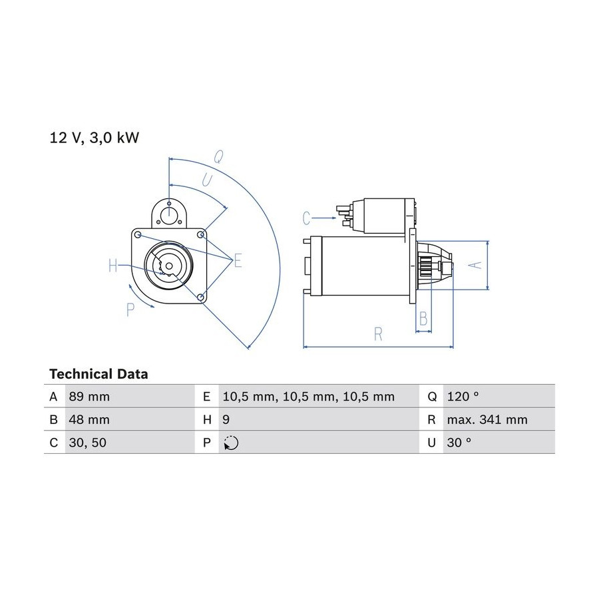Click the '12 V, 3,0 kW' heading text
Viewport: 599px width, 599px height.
tap(95, 138)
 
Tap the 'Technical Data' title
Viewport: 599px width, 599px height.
tap(99, 374)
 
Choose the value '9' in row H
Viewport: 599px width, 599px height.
tap(226, 419)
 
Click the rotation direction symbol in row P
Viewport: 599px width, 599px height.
tap(231, 443)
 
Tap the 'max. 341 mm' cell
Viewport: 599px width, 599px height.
tap(487, 419)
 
